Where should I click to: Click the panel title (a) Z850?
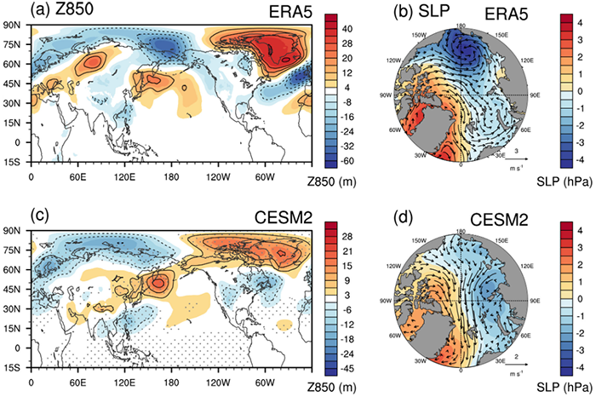(x=65, y=10)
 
